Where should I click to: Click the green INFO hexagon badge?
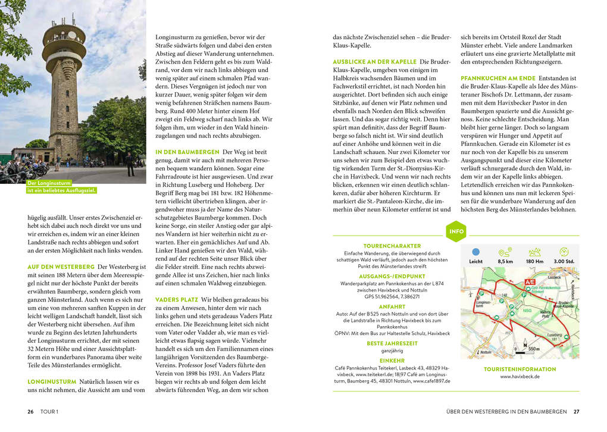click(456, 231)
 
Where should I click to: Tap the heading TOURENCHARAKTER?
click(392, 246)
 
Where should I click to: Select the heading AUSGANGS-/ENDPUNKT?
click(392, 276)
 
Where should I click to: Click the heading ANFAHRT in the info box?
click(392, 306)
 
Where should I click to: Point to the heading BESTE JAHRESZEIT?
click(392, 343)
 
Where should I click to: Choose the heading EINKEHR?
click(392, 360)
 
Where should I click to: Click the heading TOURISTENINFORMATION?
click(520, 369)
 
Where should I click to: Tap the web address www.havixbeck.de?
click(520, 377)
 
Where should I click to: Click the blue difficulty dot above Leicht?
click(475, 252)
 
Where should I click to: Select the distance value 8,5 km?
click(505, 261)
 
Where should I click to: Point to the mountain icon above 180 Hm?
click(534, 252)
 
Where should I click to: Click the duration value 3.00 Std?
click(564, 261)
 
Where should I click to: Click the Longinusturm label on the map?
click(483, 303)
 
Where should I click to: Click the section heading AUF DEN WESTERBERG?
click(61, 267)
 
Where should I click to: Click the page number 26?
click(30, 411)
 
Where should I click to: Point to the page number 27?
click(576, 411)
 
